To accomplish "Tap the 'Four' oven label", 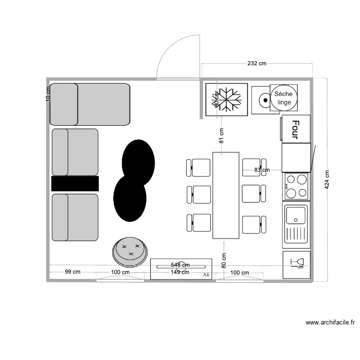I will click(295, 129).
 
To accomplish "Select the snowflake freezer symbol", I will click(227, 100).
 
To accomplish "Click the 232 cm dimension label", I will click(257, 63).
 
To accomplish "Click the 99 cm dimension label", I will click(72, 272).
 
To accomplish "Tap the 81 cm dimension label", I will click(221, 136).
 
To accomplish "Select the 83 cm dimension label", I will click(262, 170).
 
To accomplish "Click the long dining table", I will click(226, 195).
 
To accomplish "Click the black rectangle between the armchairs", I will click(75, 183).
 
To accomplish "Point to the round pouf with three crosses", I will click(130, 251).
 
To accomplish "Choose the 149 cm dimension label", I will click(180, 272).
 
